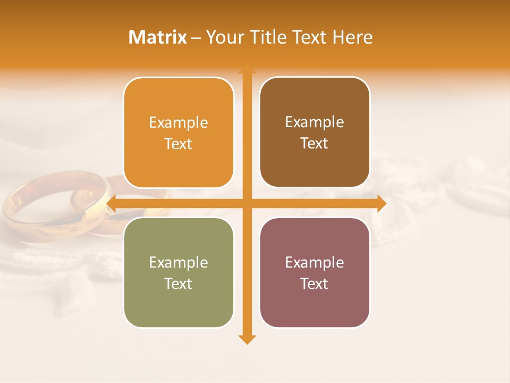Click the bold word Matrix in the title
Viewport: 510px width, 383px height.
pyautogui.click(x=158, y=37)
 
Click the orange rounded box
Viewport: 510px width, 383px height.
pyautogui.click(x=178, y=133)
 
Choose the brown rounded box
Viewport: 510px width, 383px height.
pyautogui.click(x=314, y=132)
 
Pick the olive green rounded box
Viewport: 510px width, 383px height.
pyautogui.click(x=178, y=273)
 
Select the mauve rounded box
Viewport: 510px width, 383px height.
pyautogui.click(x=314, y=273)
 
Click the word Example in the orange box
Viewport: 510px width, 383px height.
pyautogui.click(x=178, y=123)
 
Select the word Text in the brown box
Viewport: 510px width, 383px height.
pyautogui.click(x=314, y=144)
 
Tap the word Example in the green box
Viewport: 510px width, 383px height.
pyautogui.click(x=178, y=263)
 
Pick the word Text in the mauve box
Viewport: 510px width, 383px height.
pyautogui.click(x=314, y=284)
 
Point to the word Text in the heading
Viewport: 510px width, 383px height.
pyautogui.click(x=308, y=37)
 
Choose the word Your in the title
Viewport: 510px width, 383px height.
pyautogui.click(x=223, y=37)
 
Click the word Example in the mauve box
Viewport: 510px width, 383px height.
pyautogui.click(x=314, y=263)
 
